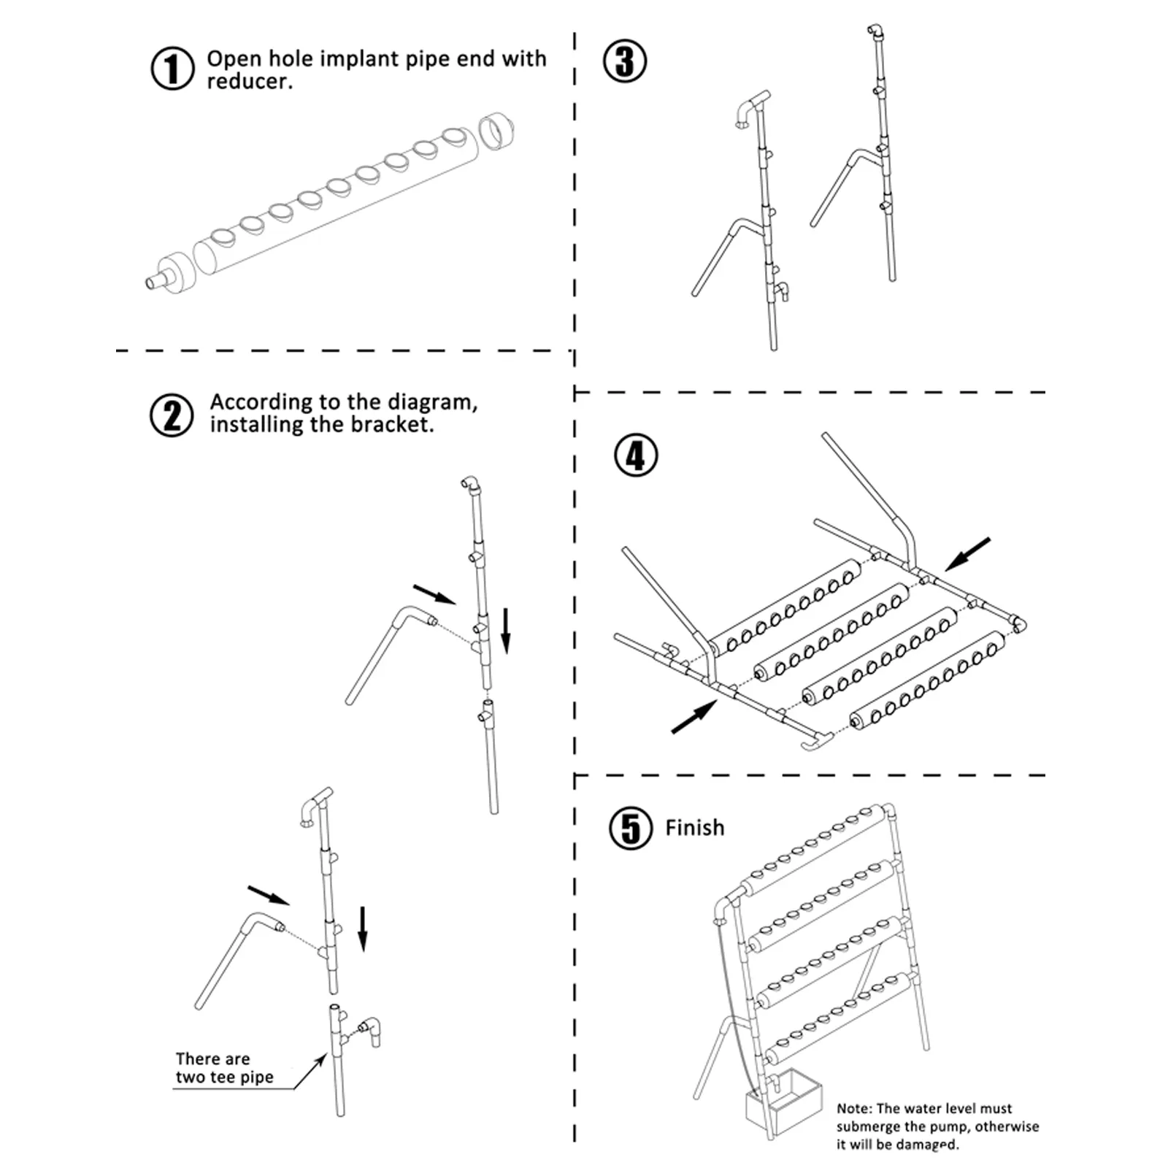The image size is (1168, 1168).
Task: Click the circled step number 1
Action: point(172,69)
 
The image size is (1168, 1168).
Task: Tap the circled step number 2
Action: point(172,415)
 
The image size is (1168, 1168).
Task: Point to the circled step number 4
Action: point(636,456)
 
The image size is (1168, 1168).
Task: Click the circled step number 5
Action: point(631,828)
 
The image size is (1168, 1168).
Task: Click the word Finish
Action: point(694,828)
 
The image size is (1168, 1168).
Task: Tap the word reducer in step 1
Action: point(248,81)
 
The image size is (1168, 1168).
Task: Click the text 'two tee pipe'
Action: point(224,1077)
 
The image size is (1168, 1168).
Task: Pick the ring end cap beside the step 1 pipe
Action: point(496,132)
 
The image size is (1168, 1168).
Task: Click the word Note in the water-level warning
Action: point(853,1108)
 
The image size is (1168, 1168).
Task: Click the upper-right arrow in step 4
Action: point(967,554)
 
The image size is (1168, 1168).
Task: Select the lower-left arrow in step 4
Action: point(694,717)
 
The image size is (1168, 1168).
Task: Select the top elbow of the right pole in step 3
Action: point(875,32)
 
